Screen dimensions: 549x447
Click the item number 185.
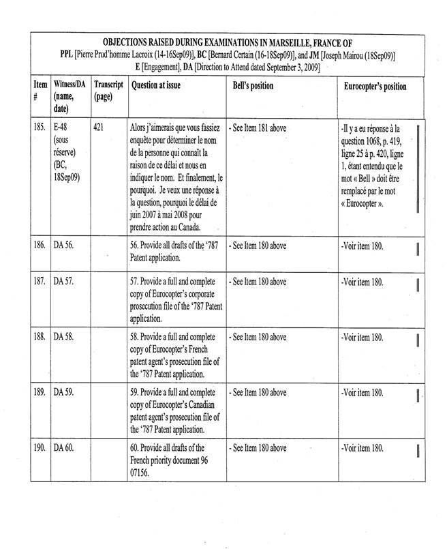40,126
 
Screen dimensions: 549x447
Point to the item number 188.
40,337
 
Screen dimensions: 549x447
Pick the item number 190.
40,448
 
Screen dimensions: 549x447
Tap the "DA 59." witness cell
64,393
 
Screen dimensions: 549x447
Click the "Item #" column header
40,92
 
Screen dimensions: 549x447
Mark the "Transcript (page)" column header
108,92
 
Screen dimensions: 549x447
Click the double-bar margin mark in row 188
418,340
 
